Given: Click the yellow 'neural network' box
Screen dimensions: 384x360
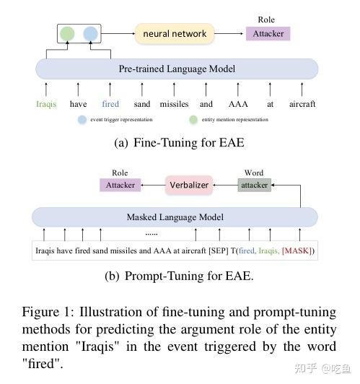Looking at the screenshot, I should click(x=175, y=33).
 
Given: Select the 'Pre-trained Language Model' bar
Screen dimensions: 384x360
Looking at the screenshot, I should click(x=177, y=69).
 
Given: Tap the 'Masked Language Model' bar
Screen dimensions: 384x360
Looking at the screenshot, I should click(x=175, y=217).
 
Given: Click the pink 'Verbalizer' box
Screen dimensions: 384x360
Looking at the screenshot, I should click(x=189, y=185).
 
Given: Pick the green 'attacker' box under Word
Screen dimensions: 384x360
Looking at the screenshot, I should click(x=254, y=185).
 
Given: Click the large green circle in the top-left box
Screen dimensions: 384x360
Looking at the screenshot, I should click(x=67, y=33).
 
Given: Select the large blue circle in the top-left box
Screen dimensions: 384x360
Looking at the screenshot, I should click(x=90, y=33).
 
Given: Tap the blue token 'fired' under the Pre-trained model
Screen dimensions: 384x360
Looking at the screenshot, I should click(x=110, y=104).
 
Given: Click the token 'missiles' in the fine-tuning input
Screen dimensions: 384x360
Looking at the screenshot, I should click(x=174, y=104).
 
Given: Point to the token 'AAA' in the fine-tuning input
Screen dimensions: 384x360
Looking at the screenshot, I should click(x=237, y=104).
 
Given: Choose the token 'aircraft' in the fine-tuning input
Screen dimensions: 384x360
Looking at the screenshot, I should click(x=302, y=104).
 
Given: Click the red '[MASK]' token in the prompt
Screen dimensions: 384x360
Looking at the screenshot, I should click(x=297, y=251).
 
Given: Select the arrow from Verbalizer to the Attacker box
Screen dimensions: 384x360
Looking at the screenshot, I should click(x=152, y=185).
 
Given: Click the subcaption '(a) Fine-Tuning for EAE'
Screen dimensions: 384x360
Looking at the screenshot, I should click(x=179, y=143).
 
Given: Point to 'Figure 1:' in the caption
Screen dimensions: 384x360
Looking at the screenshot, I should click(x=45, y=313).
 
